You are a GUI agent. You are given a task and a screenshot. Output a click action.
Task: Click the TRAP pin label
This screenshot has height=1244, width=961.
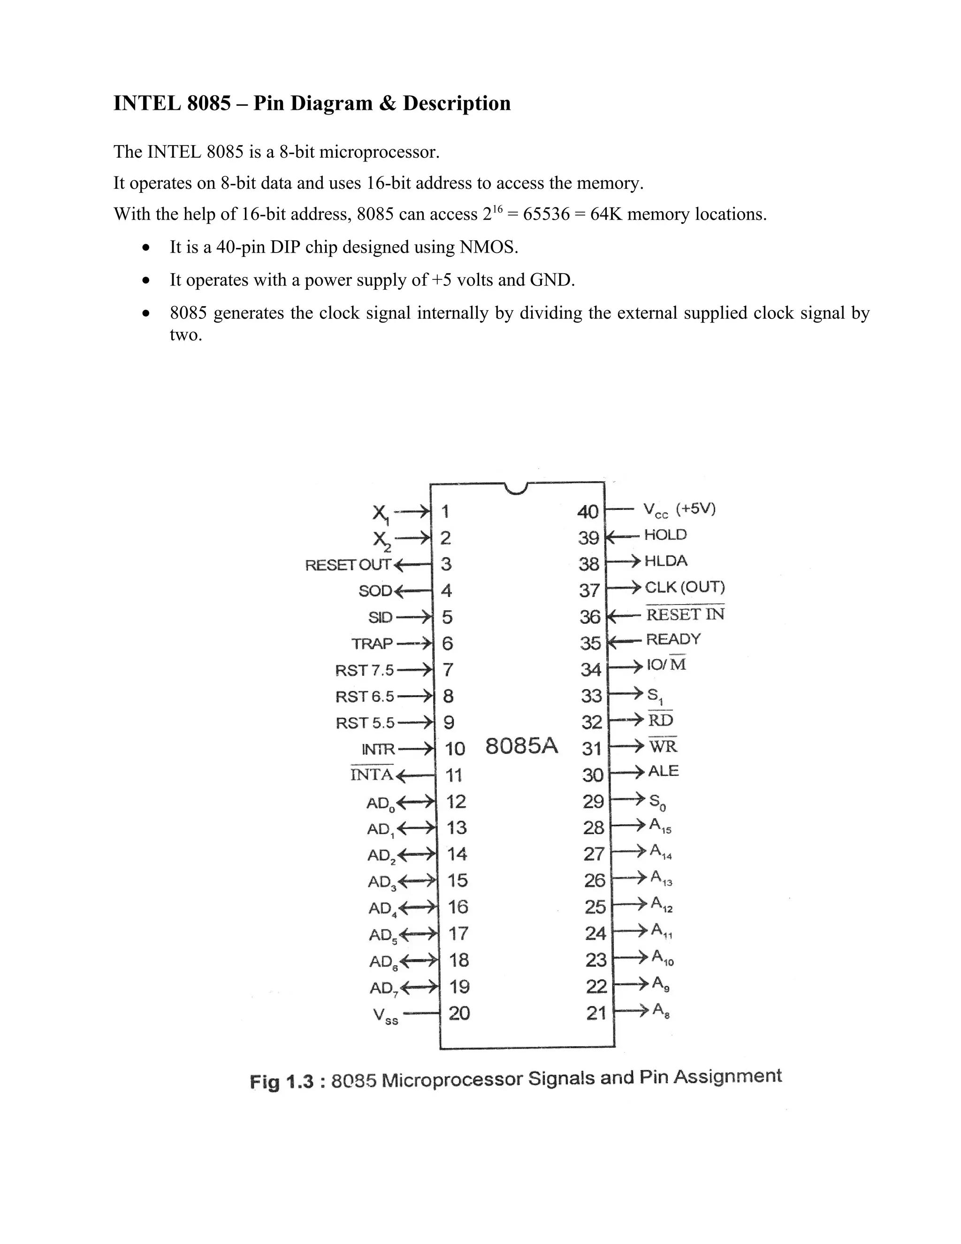point(372,644)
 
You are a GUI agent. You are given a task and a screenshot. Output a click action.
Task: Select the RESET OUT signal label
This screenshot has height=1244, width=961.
point(348,565)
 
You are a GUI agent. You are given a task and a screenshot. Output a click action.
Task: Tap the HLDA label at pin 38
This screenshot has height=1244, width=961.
point(665,561)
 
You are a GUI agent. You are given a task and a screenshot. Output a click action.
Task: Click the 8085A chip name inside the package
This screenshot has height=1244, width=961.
point(521,745)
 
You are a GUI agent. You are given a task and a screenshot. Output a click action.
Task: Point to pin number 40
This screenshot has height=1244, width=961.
point(588,512)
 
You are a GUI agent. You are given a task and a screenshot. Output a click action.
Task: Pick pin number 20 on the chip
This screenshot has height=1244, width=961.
point(459,1013)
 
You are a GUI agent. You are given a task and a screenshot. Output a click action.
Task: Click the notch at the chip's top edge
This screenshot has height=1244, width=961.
point(516,488)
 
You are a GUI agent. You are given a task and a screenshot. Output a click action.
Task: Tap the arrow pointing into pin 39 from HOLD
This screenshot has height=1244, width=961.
point(620,536)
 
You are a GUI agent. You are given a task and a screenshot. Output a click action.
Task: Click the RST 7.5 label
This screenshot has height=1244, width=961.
point(364,670)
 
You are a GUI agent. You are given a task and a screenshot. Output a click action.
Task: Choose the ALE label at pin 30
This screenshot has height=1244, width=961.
point(663,771)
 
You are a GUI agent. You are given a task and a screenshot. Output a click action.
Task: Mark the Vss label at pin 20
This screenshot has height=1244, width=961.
point(385,1015)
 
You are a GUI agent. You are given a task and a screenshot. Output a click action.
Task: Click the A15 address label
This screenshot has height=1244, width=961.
point(660,825)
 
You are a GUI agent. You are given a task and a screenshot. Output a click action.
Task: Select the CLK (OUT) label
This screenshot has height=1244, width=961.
point(684,587)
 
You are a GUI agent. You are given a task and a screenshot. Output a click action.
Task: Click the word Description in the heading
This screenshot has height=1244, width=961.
point(457,103)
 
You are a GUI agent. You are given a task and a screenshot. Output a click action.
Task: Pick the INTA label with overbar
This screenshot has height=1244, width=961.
point(372,774)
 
